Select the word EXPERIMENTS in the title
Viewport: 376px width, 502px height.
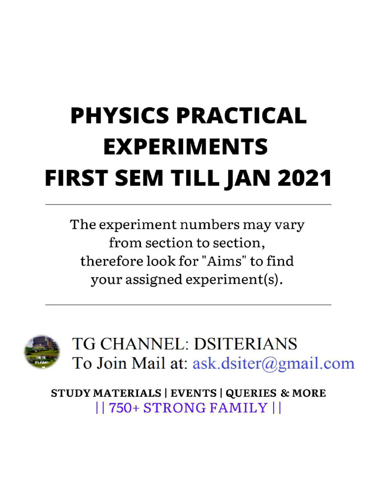point(186,147)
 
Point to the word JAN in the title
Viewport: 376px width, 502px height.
point(248,178)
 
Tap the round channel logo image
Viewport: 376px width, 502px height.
point(42,352)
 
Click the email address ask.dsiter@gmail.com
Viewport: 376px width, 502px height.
point(273,363)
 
